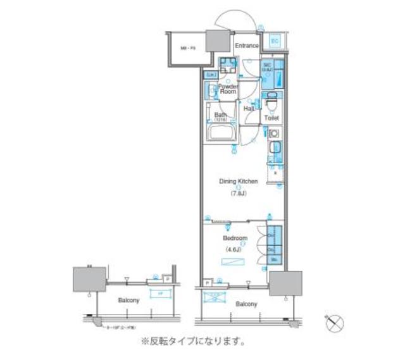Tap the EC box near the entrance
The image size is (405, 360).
(x=275, y=42)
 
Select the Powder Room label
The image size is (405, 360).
(x=228, y=89)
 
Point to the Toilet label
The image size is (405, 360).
(x=271, y=118)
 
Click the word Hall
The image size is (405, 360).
(x=249, y=109)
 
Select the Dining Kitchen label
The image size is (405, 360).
(x=239, y=181)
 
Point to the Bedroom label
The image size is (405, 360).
(x=235, y=239)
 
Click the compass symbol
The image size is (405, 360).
(x=335, y=323)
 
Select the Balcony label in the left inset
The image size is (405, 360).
(x=128, y=300)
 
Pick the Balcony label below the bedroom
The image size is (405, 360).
(x=246, y=304)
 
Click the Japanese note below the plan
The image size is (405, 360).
(x=192, y=342)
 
